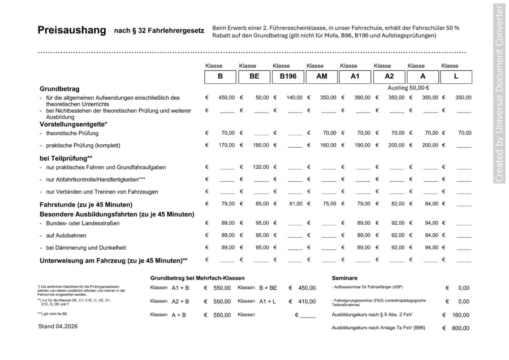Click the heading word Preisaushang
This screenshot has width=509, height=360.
pos(71,30)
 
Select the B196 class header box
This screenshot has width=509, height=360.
pos(287,76)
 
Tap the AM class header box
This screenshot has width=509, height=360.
pos(321,76)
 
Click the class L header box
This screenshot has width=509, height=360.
pos(456,76)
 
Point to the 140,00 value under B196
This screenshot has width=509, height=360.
pos(294,98)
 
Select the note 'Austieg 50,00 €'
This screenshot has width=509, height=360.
pos(408,88)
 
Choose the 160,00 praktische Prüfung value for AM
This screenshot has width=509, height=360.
pos(328,145)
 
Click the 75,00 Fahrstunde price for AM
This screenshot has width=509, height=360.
pos(329,204)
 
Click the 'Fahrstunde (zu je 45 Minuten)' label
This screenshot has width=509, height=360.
pos(86,204)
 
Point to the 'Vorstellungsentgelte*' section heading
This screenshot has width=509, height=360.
pos(74,123)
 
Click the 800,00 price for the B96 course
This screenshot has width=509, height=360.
pos(460,328)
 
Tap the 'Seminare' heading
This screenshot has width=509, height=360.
pos(344,278)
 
